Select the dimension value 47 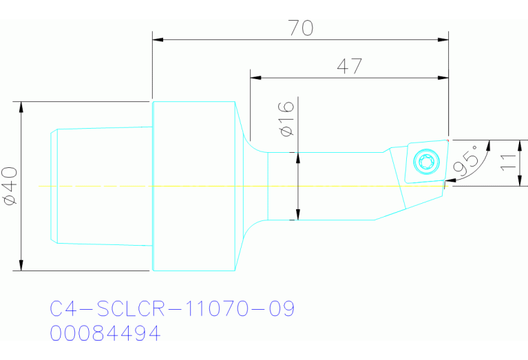click(x=349, y=66)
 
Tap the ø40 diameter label click(x=10, y=186)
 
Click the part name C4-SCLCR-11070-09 click(x=173, y=309)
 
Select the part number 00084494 click(x=105, y=334)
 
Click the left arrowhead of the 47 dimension click(x=255, y=78)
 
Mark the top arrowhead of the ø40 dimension click(x=22, y=107)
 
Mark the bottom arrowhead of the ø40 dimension click(x=22, y=266)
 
